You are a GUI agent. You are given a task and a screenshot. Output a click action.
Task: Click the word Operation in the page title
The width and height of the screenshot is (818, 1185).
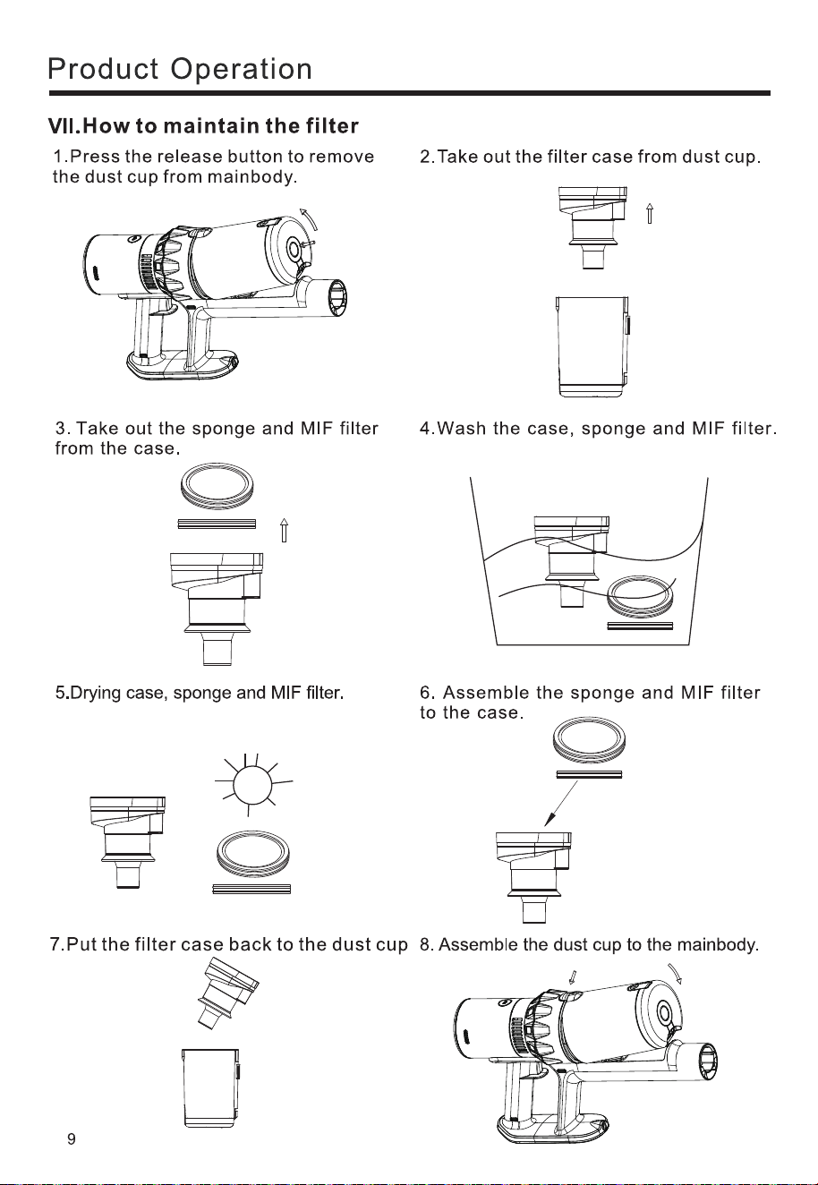pos(242,69)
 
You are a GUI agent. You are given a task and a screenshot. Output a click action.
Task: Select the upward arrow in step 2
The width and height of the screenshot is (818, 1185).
pos(649,213)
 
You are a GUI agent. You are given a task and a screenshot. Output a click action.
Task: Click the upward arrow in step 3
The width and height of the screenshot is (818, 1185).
pos(284,530)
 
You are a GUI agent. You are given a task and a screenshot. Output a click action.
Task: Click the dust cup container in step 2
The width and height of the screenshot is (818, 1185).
pos(592,346)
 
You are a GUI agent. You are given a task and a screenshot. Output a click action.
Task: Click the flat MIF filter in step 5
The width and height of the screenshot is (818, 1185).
pos(251,889)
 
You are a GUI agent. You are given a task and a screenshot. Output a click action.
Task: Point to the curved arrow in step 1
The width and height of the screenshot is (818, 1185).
pos(311,219)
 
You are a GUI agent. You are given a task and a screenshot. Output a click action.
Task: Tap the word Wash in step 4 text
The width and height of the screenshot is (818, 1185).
pos(462,428)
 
